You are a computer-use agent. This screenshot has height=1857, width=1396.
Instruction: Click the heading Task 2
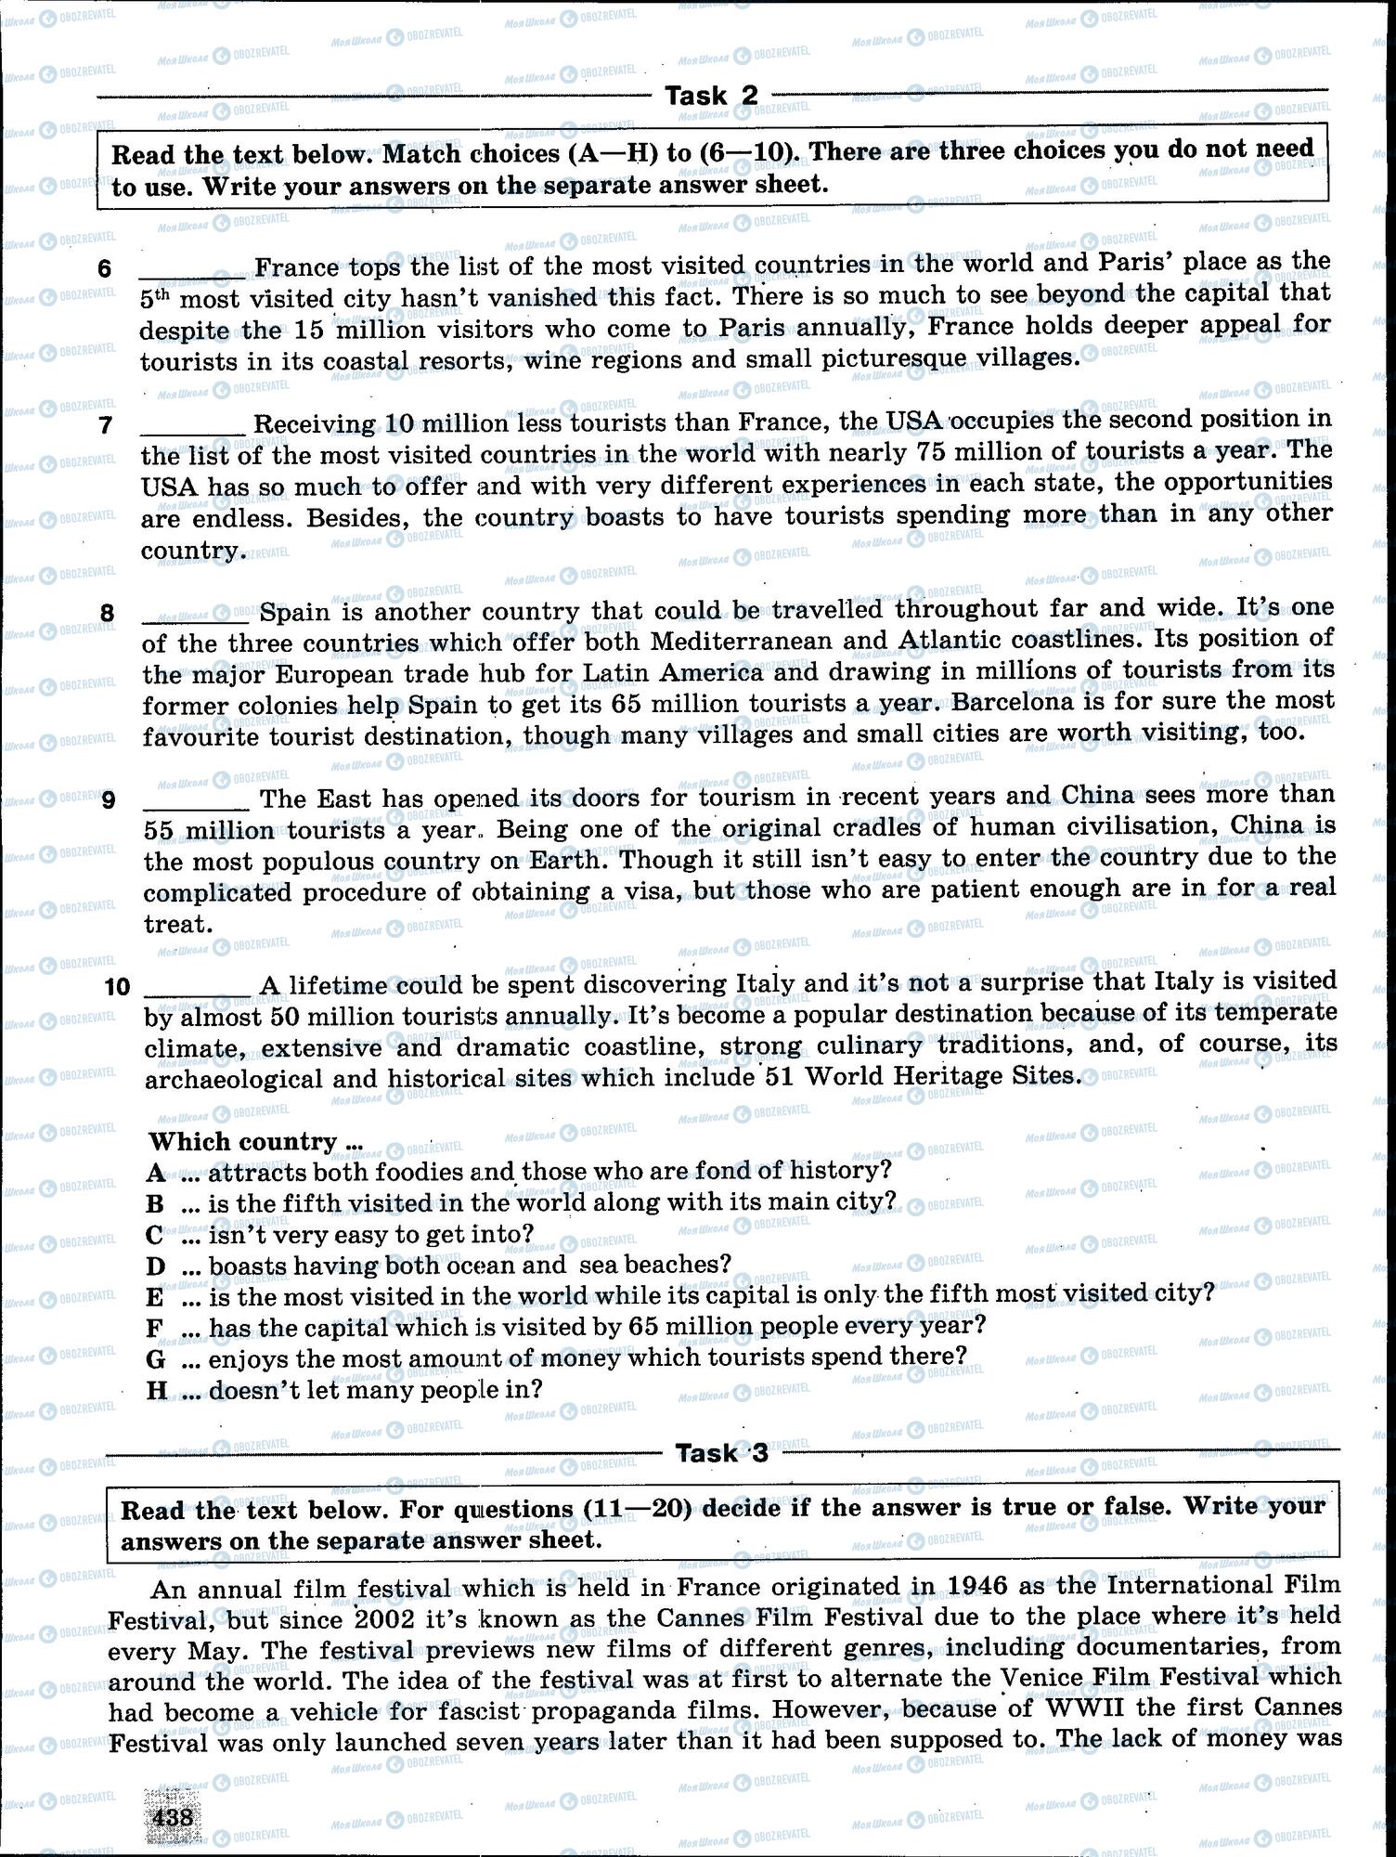[x=712, y=96]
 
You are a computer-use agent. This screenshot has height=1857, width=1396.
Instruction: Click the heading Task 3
[x=722, y=1453]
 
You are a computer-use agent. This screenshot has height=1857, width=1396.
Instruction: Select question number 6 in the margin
[x=105, y=269]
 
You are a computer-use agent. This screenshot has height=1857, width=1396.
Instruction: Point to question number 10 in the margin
[x=118, y=986]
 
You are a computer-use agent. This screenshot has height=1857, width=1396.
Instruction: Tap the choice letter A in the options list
[x=155, y=1173]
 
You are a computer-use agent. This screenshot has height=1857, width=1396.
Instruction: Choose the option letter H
[x=156, y=1391]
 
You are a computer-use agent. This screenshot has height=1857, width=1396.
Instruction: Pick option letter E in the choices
[x=154, y=1297]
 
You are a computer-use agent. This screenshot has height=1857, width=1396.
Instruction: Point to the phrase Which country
[x=244, y=1141]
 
